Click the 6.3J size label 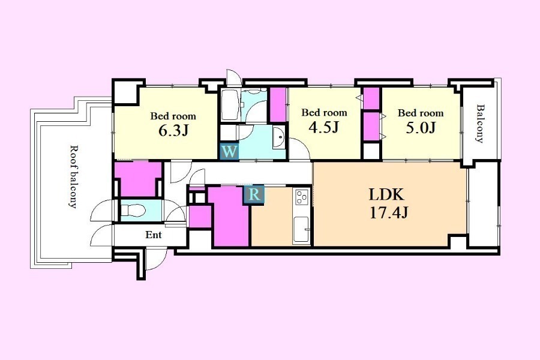tap(173, 130)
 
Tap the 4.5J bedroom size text tap(324, 127)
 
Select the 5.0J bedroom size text tap(421, 127)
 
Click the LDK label tap(386, 194)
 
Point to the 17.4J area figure tap(389, 212)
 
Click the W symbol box tap(229, 152)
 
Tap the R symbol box tap(254, 195)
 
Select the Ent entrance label tap(153, 235)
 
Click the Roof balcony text tap(73, 176)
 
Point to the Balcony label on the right tap(479, 124)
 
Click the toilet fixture tap(134, 210)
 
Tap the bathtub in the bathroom tap(230, 105)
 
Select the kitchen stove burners tap(302, 197)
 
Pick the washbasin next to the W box tap(280, 137)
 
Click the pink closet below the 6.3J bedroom tap(139, 179)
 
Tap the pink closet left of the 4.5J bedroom tap(278, 105)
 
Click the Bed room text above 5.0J tap(421, 113)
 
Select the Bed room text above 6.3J tap(173, 116)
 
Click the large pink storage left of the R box tap(229, 217)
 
